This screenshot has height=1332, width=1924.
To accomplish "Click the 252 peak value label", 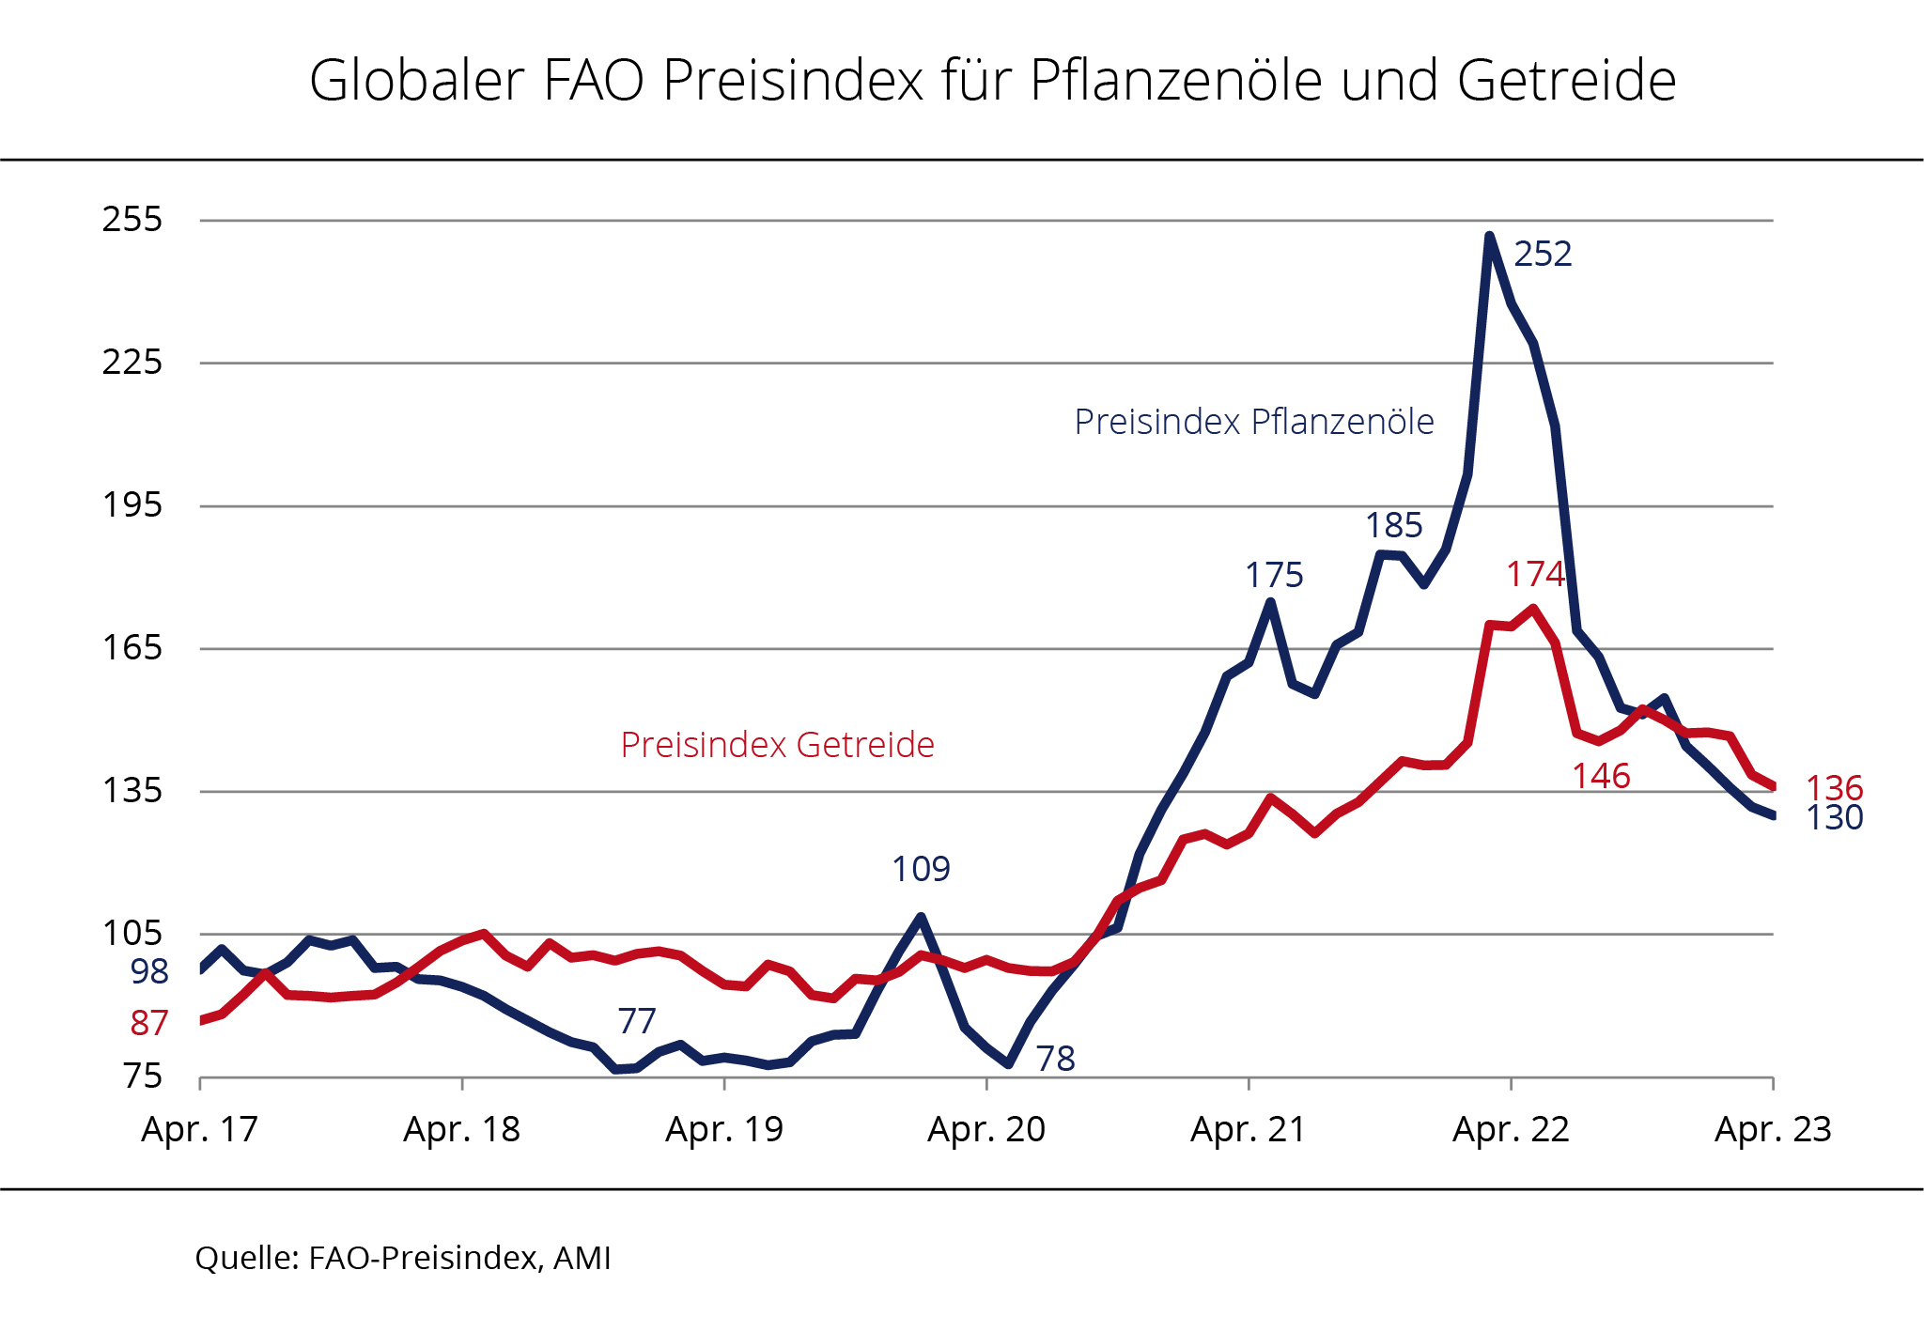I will (1543, 254).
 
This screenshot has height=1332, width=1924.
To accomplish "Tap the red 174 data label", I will (1535, 574).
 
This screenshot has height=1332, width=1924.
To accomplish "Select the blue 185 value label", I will (1393, 525).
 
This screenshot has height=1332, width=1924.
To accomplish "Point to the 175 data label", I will (1274, 575).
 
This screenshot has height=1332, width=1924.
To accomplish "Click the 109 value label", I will (921, 869).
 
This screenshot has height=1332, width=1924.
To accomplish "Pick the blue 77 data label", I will (636, 1021).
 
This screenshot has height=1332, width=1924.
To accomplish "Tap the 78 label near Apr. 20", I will (1055, 1059).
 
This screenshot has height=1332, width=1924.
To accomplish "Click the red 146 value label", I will (1601, 776).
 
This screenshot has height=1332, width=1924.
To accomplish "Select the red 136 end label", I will (1834, 788).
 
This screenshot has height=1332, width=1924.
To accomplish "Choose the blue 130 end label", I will (1834, 818).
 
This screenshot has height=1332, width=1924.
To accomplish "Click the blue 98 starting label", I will (149, 971).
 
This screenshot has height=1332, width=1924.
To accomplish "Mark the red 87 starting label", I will (149, 1023).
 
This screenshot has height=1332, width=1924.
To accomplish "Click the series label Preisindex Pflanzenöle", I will (1253, 422).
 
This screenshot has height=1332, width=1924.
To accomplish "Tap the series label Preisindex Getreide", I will (777, 745).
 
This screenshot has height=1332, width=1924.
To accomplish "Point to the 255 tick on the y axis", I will (132, 220).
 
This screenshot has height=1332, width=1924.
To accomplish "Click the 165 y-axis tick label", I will (132, 648).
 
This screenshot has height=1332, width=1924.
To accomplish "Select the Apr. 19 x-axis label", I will (723, 1129).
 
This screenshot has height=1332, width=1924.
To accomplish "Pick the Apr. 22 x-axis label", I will (1511, 1129).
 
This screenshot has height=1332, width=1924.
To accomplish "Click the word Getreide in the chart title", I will (1566, 80).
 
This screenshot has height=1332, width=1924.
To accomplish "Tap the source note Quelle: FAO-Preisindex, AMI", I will (403, 1258).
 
